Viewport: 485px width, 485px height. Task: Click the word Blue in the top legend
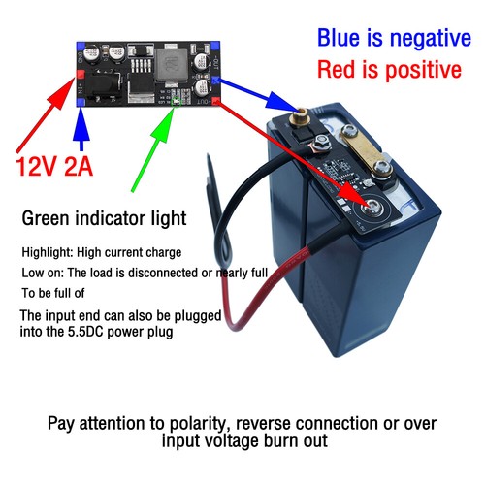(342, 38)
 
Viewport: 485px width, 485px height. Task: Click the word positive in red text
(418, 71)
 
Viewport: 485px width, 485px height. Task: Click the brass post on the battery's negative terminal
(300, 120)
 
